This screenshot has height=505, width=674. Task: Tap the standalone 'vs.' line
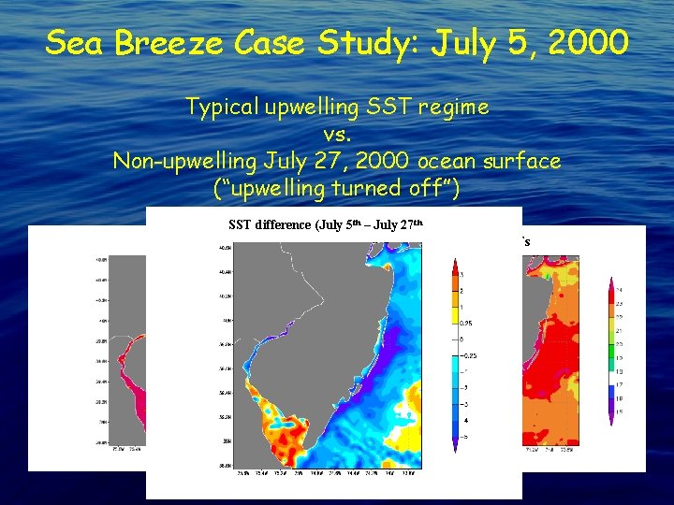click(x=336, y=134)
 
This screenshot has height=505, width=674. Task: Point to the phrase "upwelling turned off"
click(x=336, y=188)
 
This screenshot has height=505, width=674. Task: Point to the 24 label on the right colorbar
click(x=619, y=290)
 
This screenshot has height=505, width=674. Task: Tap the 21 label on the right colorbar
click(x=619, y=330)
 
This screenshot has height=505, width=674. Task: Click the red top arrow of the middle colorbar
click(x=456, y=264)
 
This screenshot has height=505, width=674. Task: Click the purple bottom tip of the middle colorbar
click(x=456, y=447)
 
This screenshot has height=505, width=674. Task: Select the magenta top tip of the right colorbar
click(x=611, y=280)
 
